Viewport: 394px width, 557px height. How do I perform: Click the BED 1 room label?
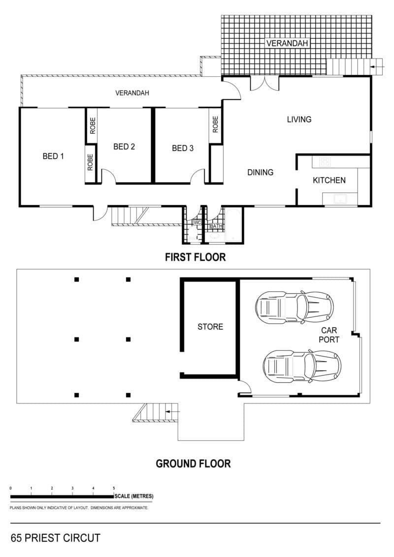point(53,156)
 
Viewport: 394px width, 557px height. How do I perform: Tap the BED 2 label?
point(124,146)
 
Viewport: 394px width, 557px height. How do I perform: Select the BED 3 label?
point(183,148)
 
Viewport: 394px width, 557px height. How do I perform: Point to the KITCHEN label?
point(329,180)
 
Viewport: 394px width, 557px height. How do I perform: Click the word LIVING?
point(299,120)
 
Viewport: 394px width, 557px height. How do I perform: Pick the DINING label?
point(261,172)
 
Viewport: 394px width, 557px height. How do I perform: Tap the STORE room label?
point(210,326)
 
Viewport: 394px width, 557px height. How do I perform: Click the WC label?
point(197,222)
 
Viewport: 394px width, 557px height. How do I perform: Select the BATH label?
point(216,226)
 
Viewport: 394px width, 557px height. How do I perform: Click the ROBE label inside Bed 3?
point(215,124)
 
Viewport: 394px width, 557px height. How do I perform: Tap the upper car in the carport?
point(295,307)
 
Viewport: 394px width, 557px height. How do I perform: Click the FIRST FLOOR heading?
point(195,257)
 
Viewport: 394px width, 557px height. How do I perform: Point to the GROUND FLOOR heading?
point(193,464)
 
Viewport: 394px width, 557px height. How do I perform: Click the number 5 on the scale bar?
point(114,488)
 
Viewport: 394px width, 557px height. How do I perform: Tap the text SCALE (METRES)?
point(134,496)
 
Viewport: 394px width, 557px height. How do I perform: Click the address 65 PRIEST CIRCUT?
point(56,538)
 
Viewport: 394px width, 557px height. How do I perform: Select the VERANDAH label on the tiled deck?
point(287,43)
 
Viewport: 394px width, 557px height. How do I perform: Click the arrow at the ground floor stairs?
point(173,411)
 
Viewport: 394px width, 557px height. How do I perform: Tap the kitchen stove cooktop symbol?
point(325,162)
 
